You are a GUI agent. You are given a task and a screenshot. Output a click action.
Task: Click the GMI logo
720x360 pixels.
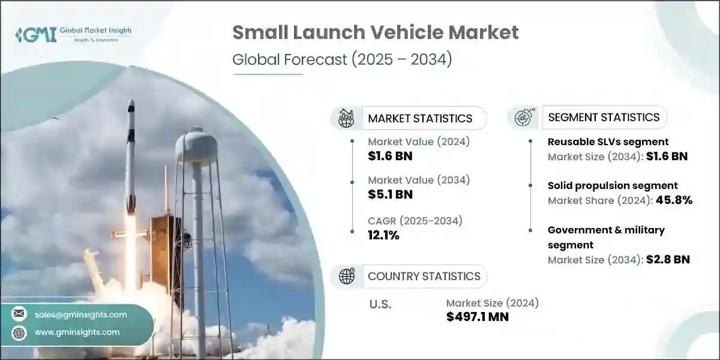(73, 35)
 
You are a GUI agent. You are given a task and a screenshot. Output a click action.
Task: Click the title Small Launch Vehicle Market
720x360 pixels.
(376, 32)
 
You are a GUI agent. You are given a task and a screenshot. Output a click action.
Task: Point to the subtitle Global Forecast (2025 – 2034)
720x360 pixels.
(342, 59)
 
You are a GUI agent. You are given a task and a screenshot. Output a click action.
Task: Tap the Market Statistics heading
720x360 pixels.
(420, 118)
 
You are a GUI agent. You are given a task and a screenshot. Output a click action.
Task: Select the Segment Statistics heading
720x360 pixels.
(604, 118)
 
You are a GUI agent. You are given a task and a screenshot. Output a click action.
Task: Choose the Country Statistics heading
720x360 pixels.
(424, 276)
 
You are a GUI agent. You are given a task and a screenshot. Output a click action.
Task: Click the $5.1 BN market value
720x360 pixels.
(390, 194)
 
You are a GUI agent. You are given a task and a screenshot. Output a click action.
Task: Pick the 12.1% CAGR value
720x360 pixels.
(383, 235)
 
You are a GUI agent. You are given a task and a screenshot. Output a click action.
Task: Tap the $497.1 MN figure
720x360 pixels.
(478, 317)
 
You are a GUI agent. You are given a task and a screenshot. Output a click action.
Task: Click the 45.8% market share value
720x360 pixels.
(674, 200)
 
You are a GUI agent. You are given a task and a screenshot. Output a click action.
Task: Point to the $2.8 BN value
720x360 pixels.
(668, 259)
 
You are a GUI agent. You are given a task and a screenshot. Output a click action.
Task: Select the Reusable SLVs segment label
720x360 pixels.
(608, 142)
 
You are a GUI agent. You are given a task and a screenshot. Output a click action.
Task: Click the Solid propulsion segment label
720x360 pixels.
(613, 185)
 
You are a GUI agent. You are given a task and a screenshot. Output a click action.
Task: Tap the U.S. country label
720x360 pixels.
(380, 304)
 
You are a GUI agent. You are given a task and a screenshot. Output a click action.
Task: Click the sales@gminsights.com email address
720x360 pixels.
(80, 314)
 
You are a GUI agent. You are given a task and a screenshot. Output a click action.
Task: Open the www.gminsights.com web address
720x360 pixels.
(77, 332)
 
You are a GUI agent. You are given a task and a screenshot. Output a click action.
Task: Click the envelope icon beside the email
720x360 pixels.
(19, 313)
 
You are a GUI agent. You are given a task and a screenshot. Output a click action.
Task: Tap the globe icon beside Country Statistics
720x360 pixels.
(347, 276)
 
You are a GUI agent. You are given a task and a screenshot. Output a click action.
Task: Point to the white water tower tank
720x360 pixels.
(196, 147)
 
